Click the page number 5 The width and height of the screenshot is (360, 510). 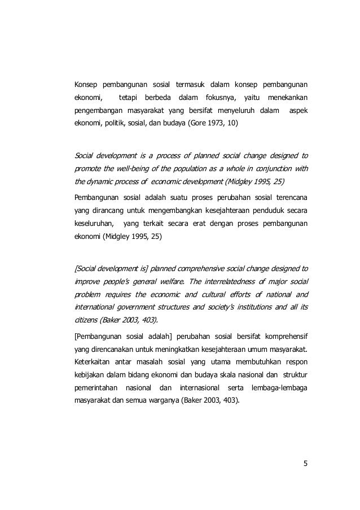coord(305,465)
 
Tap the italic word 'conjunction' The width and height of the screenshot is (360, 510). coord(268,168)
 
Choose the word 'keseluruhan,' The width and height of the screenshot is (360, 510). coord(93,223)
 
